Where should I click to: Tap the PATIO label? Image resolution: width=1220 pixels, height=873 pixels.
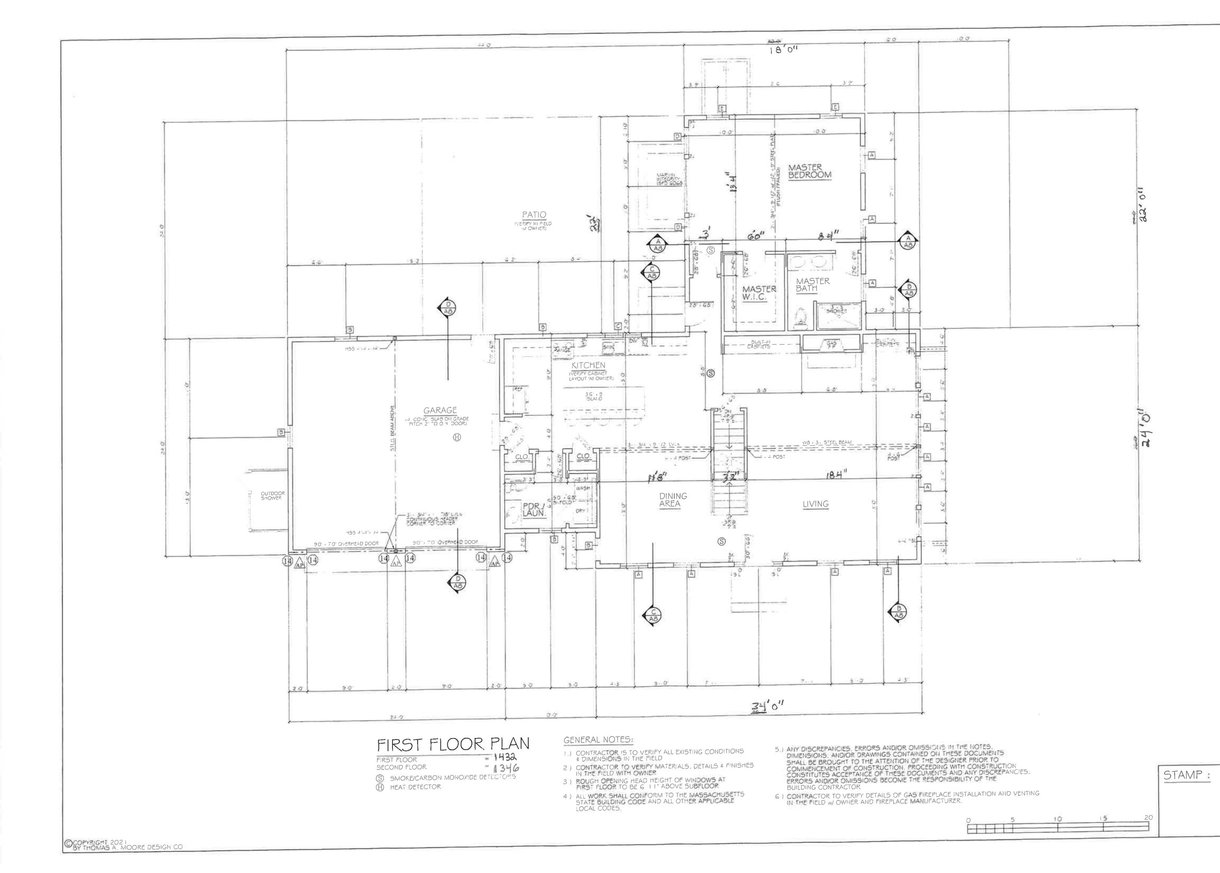(534, 215)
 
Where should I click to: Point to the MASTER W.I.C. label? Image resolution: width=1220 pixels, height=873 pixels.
(759, 293)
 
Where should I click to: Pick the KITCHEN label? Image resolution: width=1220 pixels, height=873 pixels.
(588, 365)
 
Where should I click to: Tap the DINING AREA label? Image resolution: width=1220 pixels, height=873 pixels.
(672, 500)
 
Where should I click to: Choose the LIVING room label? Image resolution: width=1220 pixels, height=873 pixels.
(815, 504)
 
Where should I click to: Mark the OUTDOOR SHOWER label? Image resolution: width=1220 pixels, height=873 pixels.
(272, 496)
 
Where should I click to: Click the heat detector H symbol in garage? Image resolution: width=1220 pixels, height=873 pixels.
(457, 437)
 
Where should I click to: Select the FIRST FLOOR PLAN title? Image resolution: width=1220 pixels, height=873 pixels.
(453, 745)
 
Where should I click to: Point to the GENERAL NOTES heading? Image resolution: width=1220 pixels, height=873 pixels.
(598, 740)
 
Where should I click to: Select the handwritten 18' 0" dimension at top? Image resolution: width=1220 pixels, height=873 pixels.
(784, 50)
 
